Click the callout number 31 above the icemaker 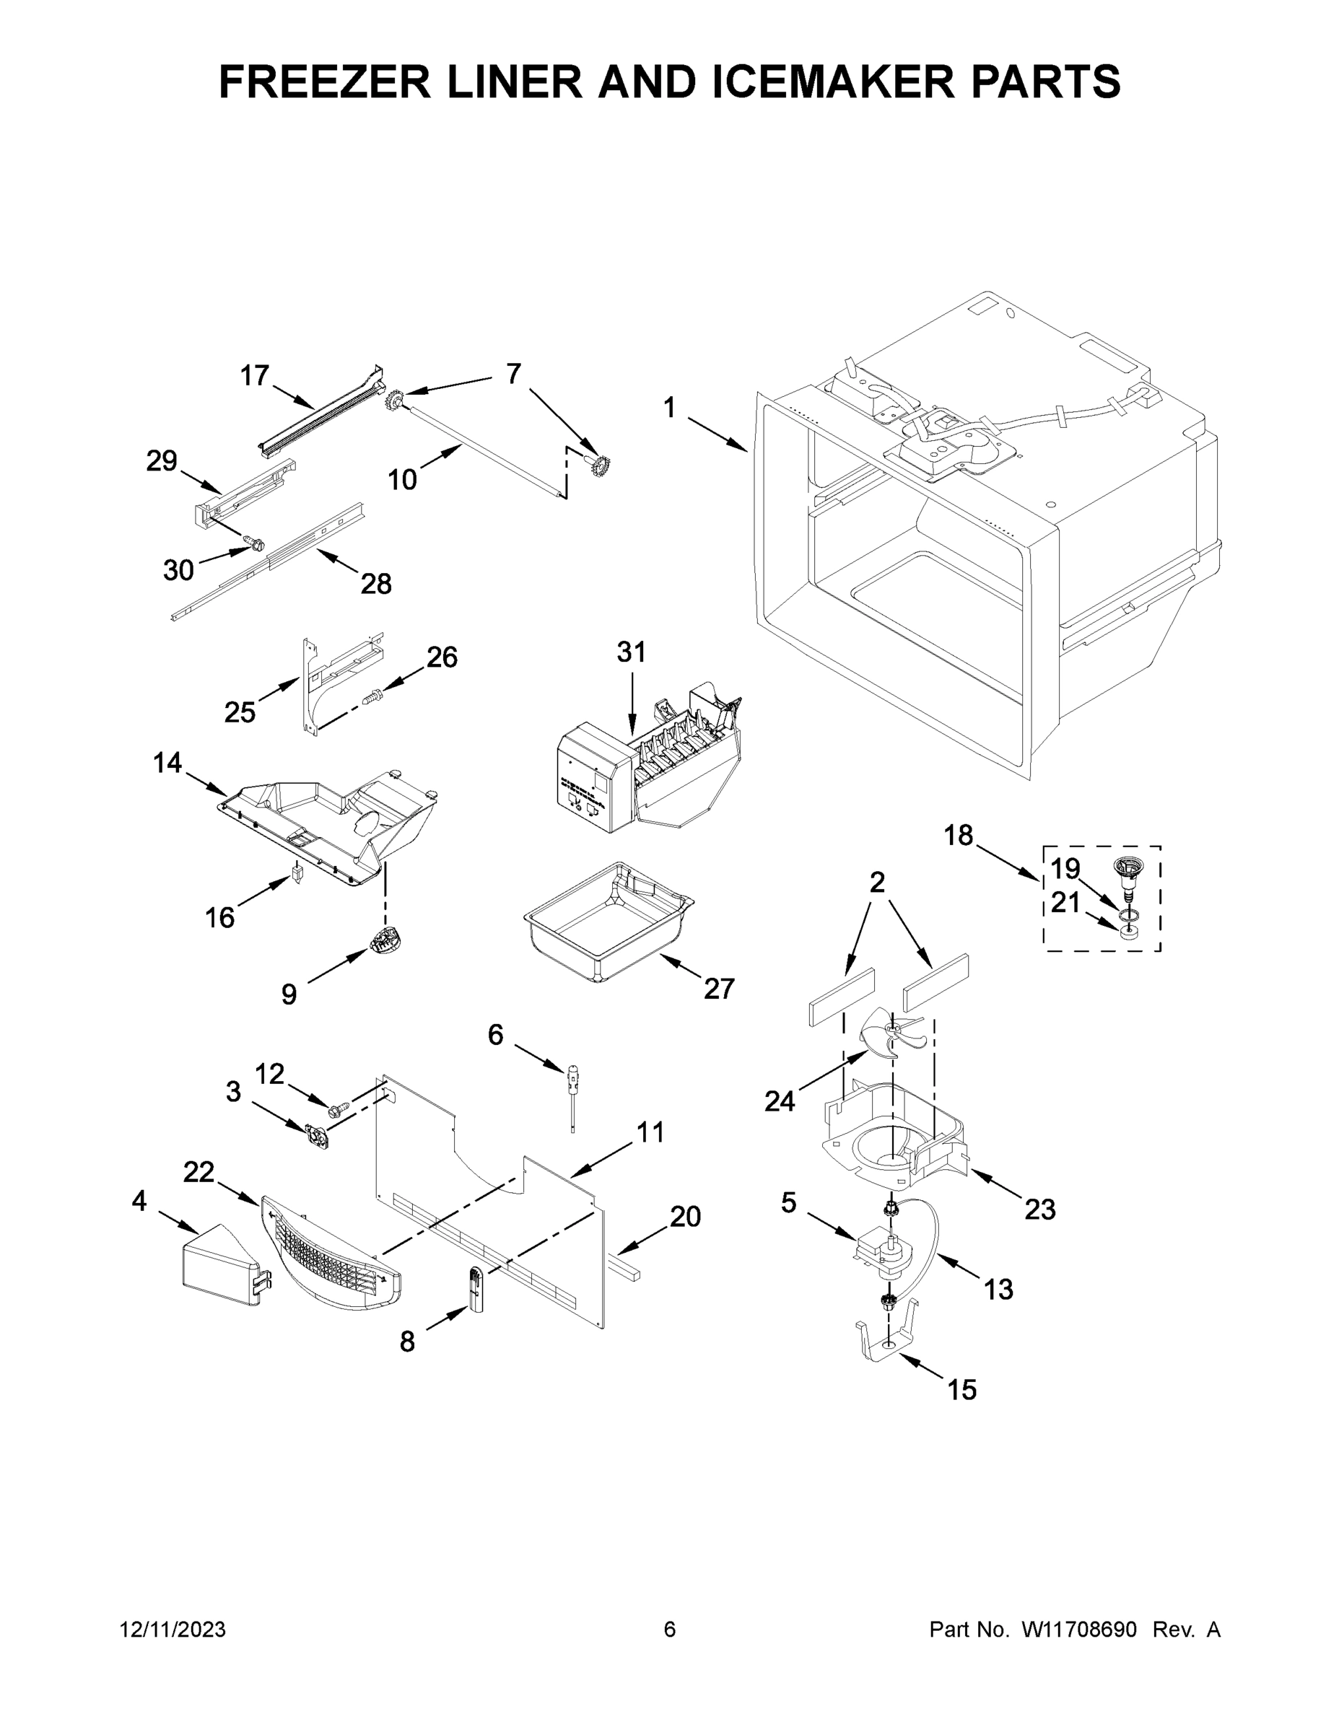[x=632, y=652]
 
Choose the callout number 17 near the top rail [x=255, y=375]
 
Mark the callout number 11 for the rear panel [x=650, y=1132]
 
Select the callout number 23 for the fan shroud [x=1040, y=1210]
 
